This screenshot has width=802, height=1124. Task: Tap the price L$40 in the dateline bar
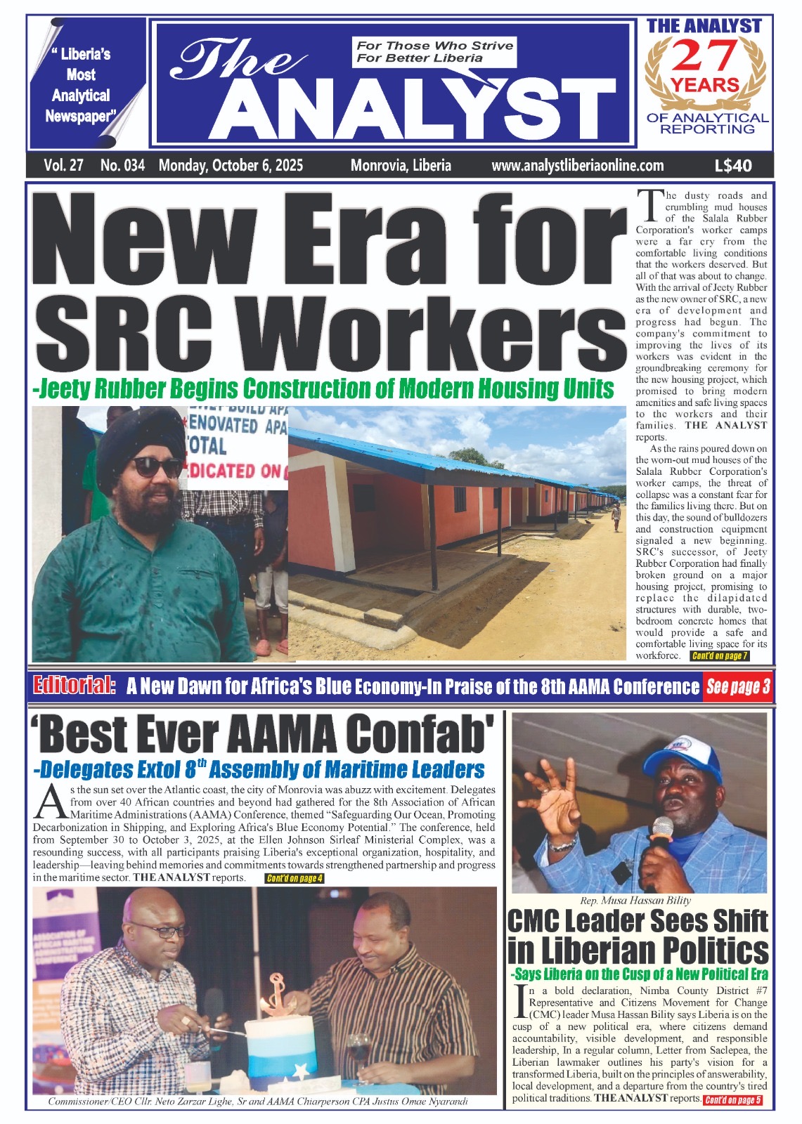[732, 166]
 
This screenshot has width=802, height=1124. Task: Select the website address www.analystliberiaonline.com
[577, 166]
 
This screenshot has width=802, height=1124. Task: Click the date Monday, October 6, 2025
[231, 166]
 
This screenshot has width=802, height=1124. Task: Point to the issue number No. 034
[122, 166]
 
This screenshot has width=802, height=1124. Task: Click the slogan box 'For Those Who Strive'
[434, 52]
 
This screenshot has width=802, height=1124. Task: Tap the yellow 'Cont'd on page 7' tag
[719, 656]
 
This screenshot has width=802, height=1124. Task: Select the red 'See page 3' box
[737, 687]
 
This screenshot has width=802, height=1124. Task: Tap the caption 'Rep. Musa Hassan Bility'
[636, 901]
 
